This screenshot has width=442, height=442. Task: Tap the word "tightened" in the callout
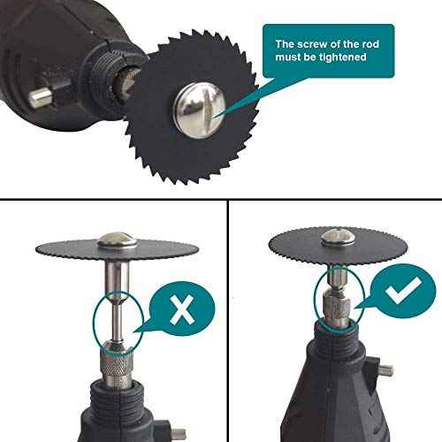click(x=343, y=57)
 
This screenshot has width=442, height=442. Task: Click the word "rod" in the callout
click(x=370, y=44)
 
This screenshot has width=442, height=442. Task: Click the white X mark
click(x=182, y=310)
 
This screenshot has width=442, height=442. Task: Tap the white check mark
click(x=403, y=289)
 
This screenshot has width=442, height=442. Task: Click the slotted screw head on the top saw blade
click(x=200, y=110)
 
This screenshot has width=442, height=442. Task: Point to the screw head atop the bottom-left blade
click(x=118, y=240)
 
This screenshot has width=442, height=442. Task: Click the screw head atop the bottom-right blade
click(x=338, y=238)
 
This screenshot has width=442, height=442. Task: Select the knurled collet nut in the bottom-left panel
click(x=117, y=363)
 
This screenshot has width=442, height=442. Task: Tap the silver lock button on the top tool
click(x=40, y=98)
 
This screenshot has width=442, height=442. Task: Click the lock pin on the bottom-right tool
click(x=385, y=370)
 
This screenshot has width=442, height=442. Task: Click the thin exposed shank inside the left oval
click(x=117, y=324)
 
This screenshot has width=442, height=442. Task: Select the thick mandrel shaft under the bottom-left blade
click(x=117, y=279)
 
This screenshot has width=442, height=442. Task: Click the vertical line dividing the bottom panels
click(x=228, y=321)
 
